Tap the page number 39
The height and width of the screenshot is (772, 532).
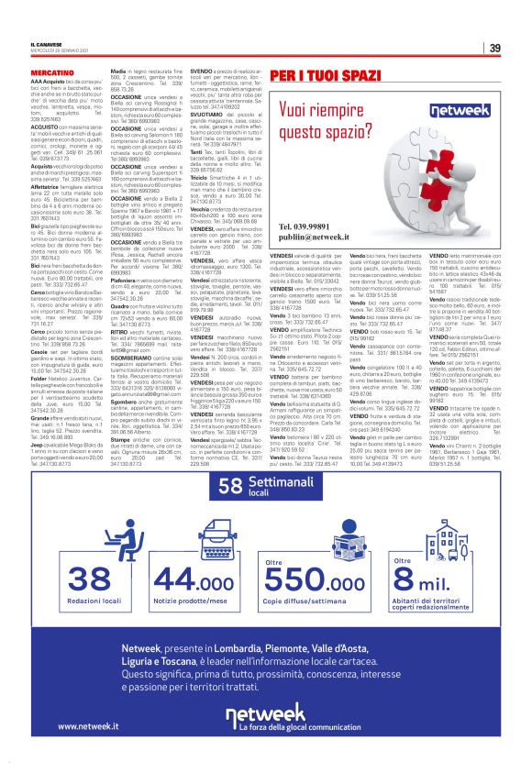(493, 49)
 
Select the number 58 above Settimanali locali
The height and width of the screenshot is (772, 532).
(235, 483)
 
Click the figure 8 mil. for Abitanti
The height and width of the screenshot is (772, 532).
(429, 579)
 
